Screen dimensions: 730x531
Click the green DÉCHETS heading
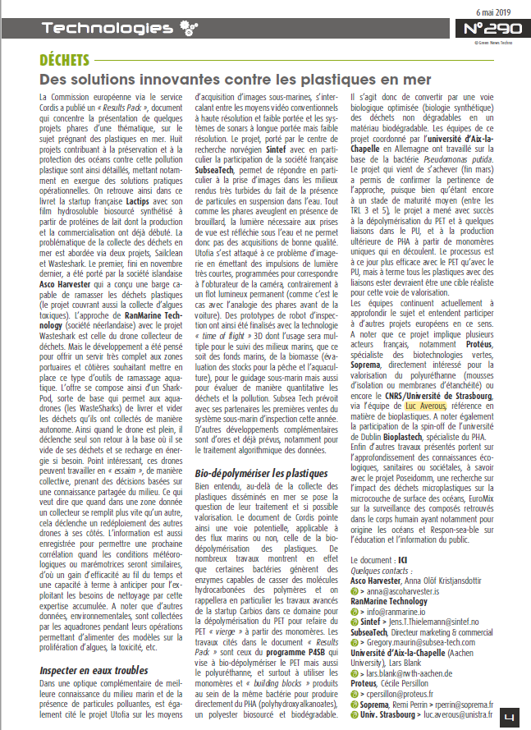pos(67,60)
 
